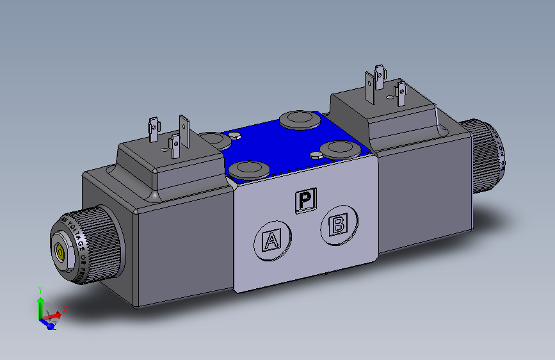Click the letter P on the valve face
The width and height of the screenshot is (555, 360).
click(x=305, y=200)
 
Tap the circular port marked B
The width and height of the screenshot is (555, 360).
click(x=338, y=225)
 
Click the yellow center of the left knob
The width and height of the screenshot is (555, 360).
click(x=61, y=252)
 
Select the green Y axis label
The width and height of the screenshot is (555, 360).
click(x=40, y=290)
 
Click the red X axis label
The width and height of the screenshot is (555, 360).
click(x=65, y=309)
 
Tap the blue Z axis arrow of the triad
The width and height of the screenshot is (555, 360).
click(x=48, y=323)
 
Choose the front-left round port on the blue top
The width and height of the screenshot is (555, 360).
click(x=247, y=170)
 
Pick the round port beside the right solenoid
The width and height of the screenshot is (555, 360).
click(x=340, y=150)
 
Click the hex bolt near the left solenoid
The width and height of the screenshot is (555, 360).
click(x=234, y=135)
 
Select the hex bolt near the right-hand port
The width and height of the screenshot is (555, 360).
click(x=315, y=155)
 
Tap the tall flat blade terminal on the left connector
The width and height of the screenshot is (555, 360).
click(x=184, y=129)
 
